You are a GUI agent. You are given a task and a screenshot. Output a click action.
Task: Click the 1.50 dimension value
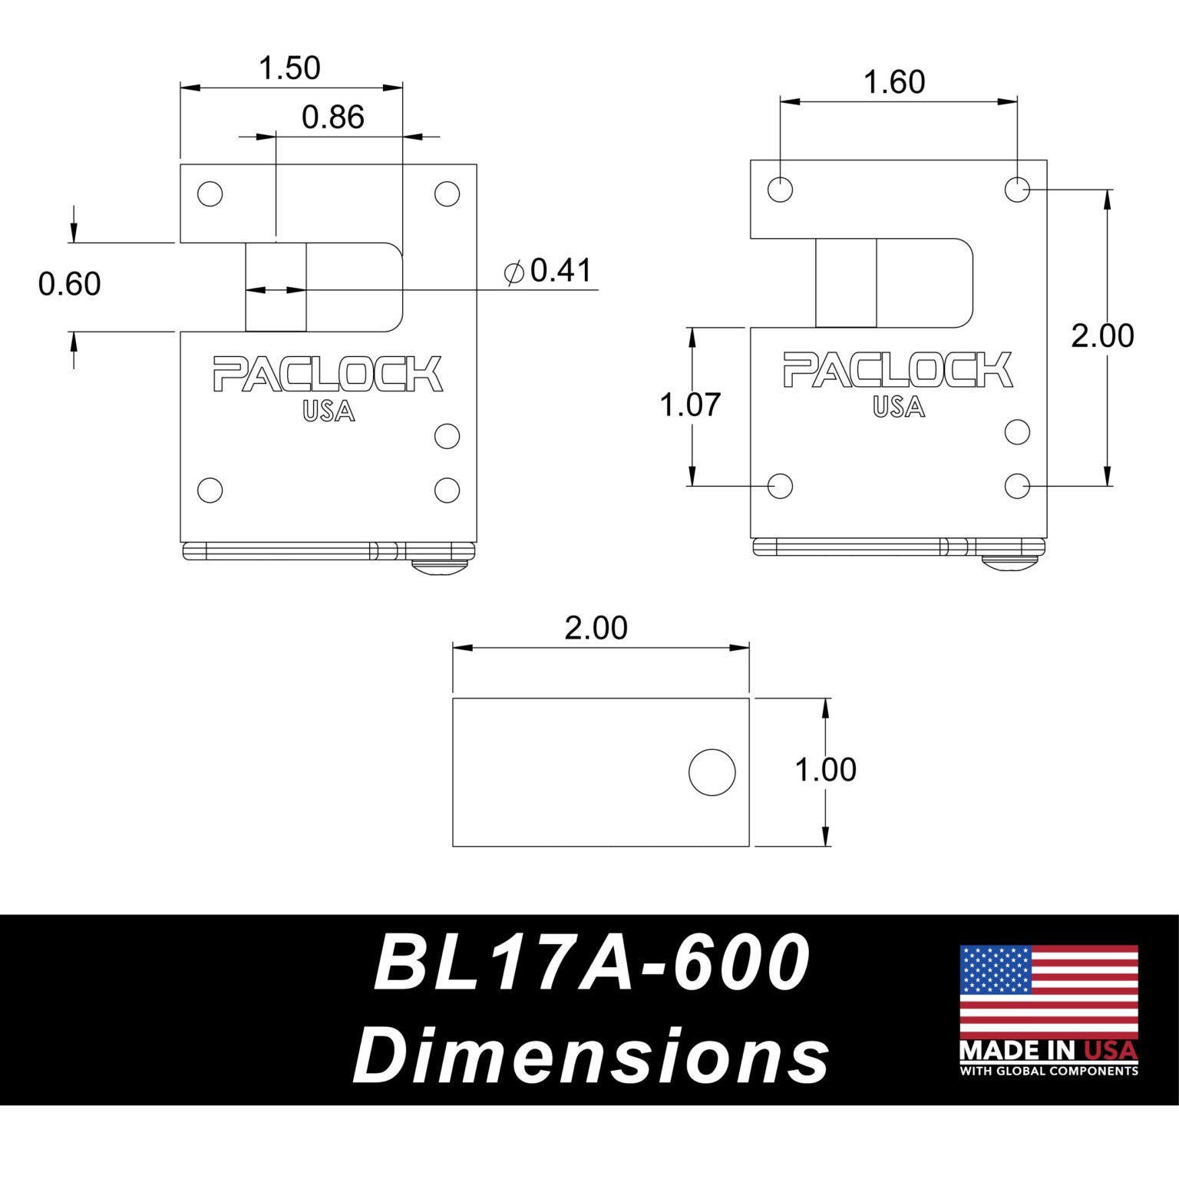pyautogui.click(x=289, y=68)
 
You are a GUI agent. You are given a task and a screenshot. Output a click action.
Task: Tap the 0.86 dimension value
pyautogui.click(x=332, y=117)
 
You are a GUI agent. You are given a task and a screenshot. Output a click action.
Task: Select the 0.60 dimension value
pyautogui.click(x=70, y=285)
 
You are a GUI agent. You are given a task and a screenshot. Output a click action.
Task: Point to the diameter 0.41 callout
pyautogui.click(x=548, y=271)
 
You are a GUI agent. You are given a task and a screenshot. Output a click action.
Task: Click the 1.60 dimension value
pyautogui.click(x=894, y=82)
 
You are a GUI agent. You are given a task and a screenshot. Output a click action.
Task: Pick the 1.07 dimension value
pyautogui.click(x=691, y=405)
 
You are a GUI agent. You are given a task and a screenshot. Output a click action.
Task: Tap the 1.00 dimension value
pyautogui.click(x=825, y=770)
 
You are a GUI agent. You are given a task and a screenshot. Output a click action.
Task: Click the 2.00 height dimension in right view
pyautogui.click(x=1102, y=336)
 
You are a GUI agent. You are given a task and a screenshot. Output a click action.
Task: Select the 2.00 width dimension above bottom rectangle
pyautogui.click(x=596, y=628)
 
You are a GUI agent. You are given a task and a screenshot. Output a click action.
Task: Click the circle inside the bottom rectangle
pyautogui.click(x=712, y=772)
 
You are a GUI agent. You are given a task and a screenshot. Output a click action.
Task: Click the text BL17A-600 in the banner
pyautogui.click(x=591, y=963)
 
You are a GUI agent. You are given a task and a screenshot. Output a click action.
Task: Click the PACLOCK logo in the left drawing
pyautogui.click(x=328, y=374)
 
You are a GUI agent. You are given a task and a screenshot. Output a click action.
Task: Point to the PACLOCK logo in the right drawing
pyautogui.click(x=897, y=370)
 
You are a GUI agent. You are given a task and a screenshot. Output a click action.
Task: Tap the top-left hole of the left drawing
pyautogui.click(x=210, y=194)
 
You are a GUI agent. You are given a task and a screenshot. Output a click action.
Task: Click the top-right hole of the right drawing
pyautogui.click(x=1017, y=188)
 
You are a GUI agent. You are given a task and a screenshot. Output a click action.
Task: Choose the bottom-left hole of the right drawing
pyautogui.click(x=780, y=485)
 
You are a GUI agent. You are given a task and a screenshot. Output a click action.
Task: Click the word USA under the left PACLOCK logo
pyautogui.click(x=329, y=412)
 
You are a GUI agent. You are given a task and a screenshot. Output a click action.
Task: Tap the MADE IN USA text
pyautogui.click(x=1049, y=1049)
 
